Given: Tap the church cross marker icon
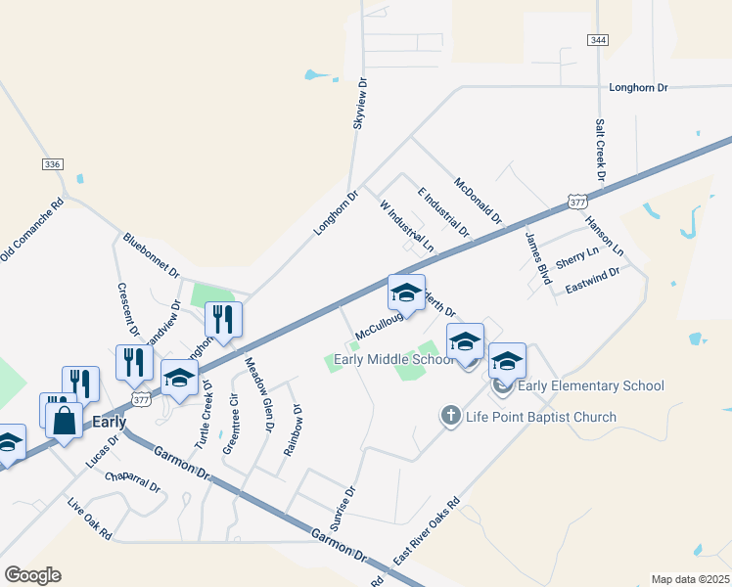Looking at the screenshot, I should [x=450, y=417].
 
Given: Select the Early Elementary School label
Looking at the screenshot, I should [x=591, y=385].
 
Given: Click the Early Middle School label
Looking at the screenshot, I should [x=394, y=359].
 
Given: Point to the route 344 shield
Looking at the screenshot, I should [x=598, y=39].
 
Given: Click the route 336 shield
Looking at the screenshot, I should [x=53, y=164].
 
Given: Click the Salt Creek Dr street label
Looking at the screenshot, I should [x=600, y=152].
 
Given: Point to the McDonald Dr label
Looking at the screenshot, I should [x=478, y=199].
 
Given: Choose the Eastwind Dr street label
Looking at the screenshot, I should [x=593, y=289].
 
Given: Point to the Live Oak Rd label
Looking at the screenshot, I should [x=89, y=519].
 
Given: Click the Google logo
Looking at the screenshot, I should [x=32, y=575].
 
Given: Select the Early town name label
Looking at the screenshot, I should [x=109, y=423].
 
